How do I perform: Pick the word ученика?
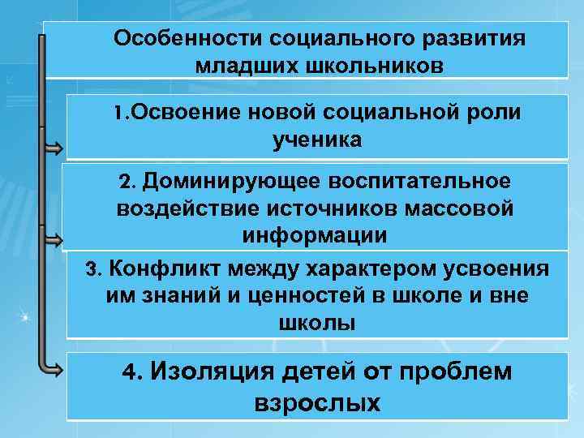pyautogui.click(x=317, y=140)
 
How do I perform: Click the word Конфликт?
pyautogui.click(x=161, y=268)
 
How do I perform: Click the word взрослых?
pyautogui.click(x=317, y=403)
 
